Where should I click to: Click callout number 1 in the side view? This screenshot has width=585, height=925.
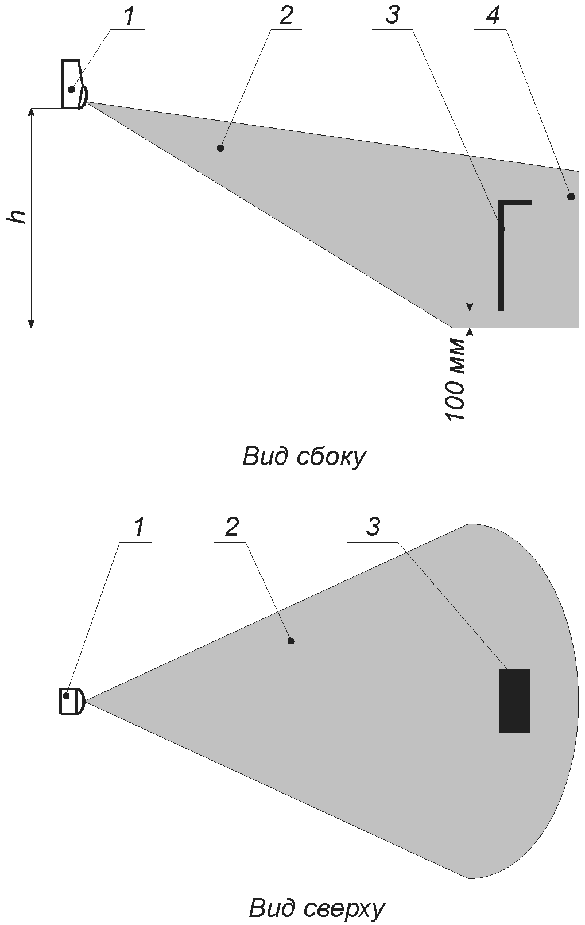pos(130,17)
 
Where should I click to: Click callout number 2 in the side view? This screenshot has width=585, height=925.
pos(285,17)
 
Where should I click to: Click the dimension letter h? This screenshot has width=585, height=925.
pos(18,217)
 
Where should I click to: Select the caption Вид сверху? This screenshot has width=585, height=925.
pos(317,907)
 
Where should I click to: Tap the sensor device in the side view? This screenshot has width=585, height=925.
pos(74,84)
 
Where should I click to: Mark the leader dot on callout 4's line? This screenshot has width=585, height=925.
pos(571,197)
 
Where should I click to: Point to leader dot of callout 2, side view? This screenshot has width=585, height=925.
pos(220,148)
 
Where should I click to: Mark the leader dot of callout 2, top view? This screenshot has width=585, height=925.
pos(290,641)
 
